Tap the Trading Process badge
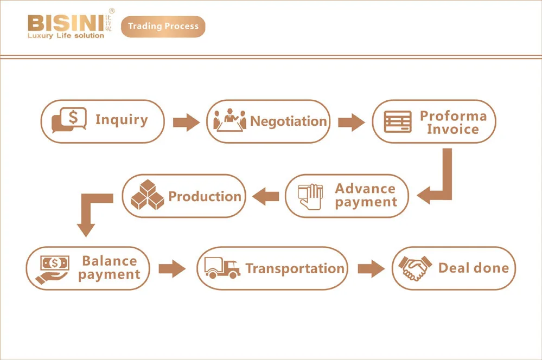(x=163, y=26)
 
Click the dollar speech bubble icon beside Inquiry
(x=69, y=121)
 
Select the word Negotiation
(x=289, y=121)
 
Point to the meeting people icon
(x=229, y=120)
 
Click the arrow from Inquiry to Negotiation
(x=186, y=121)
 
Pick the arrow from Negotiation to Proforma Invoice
(x=351, y=121)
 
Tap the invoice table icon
(x=398, y=121)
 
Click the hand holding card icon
(x=311, y=196)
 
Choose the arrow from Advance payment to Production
(x=266, y=196)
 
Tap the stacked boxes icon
(x=147, y=196)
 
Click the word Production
(x=205, y=196)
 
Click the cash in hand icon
(x=53, y=268)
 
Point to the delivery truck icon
(x=222, y=268)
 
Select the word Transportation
(x=295, y=268)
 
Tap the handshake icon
(x=415, y=268)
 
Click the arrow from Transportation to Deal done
(x=371, y=268)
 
